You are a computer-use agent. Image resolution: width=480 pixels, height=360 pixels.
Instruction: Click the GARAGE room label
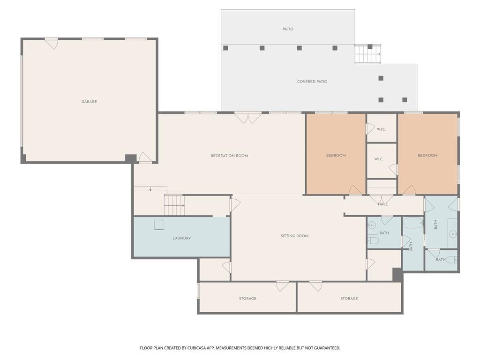tap(89, 102)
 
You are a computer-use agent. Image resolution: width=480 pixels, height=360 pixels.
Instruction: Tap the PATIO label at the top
tap(288, 29)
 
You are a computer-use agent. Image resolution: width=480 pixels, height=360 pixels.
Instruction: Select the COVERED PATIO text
tap(312, 82)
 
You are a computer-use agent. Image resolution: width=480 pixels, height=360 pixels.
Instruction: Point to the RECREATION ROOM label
tap(229, 156)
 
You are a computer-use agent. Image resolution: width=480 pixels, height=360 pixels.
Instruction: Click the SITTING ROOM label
tap(294, 236)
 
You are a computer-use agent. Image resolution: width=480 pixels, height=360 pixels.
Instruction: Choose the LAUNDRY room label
tap(181, 238)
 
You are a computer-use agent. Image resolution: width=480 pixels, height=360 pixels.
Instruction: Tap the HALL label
tap(382, 204)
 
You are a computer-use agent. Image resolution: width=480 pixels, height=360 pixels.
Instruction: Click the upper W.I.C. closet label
tap(381, 129)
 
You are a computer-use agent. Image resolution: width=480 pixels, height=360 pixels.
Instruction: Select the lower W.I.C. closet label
tap(379, 159)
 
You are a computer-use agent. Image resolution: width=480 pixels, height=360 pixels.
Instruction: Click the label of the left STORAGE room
tap(247, 299)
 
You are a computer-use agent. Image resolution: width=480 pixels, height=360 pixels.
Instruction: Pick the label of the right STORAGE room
tap(349, 299)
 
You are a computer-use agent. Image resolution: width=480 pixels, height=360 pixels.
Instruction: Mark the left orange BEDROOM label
tap(336, 156)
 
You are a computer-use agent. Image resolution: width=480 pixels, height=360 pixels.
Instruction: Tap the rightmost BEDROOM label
tap(427, 156)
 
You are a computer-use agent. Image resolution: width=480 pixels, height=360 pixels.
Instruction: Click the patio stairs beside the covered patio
tap(367, 54)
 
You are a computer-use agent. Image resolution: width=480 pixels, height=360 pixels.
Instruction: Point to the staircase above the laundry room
tap(174, 205)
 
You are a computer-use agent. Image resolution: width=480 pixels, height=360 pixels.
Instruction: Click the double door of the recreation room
tap(248, 118)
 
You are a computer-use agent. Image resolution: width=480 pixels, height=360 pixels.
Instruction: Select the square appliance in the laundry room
tap(159, 225)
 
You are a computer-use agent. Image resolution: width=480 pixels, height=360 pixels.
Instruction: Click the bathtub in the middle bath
tap(413, 223)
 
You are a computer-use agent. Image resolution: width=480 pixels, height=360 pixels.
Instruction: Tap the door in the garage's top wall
tap(52, 43)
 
